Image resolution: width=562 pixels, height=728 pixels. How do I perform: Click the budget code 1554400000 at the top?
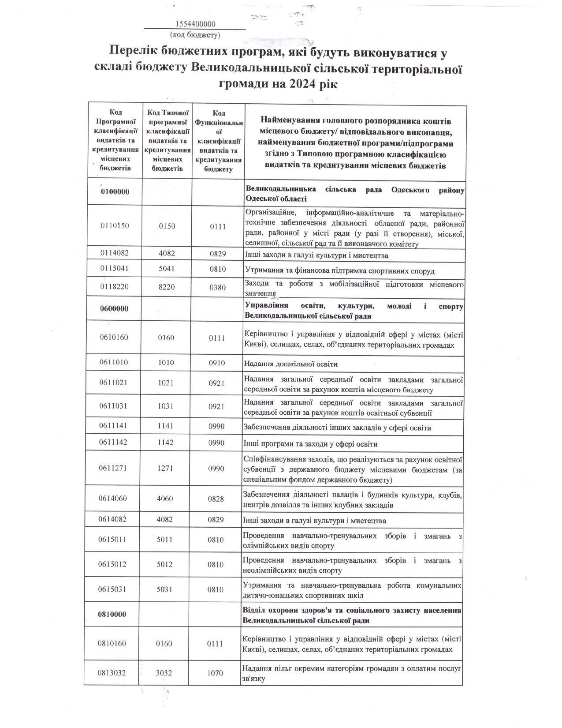point(195,24)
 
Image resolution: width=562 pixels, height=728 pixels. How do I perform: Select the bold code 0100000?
point(115,192)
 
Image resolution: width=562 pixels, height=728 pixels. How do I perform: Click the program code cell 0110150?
point(115,225)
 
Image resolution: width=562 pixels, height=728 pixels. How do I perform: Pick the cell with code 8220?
point(167,287)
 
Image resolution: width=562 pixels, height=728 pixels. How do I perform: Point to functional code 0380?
point(217,288)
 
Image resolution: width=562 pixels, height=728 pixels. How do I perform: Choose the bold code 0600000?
point(114,308)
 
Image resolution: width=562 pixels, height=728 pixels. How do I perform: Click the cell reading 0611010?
point(113,363)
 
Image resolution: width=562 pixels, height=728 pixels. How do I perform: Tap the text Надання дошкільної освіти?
point(290,364)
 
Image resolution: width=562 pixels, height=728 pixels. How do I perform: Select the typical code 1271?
point(165,469)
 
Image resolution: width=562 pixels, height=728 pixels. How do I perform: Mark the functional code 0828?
point(216,499)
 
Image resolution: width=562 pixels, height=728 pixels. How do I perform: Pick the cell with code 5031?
point(165,589)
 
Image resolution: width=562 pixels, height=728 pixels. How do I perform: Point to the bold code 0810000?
point(112,614)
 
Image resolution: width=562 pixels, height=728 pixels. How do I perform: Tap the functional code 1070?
point(215,673)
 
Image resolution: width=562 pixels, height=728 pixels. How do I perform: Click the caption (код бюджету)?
point(195,34)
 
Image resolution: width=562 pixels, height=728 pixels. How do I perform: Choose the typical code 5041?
point(167,269)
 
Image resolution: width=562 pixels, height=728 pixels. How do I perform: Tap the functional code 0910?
point(217,363)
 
